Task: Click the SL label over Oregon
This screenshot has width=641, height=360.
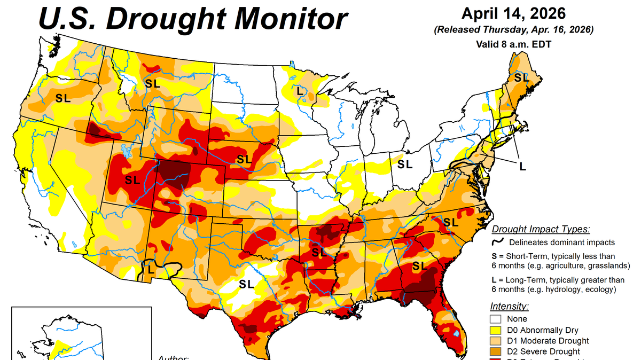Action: pyautogui.click(x=63, y=98)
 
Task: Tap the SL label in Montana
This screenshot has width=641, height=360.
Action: pyautogui.click(x=152, y=83)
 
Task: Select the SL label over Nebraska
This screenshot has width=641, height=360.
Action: pyautogui.click(x=244, y=159)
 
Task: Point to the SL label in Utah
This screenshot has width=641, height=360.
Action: pyautogui.click(x=132, y=180)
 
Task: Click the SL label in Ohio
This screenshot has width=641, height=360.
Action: pyautogui.click(x=404, y=165)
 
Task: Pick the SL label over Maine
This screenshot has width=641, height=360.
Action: pyautogui.click(x=521, y=78)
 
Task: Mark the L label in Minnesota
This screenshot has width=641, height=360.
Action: pyautogui.click(x=300, y=91)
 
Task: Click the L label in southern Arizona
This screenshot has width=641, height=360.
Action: pyautogui.click(x=151, y=270)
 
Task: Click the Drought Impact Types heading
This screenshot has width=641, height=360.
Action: pyautogui.click(x=541, y=230)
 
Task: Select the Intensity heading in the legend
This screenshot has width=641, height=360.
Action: pyautogui.click(x=510, y=307)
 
